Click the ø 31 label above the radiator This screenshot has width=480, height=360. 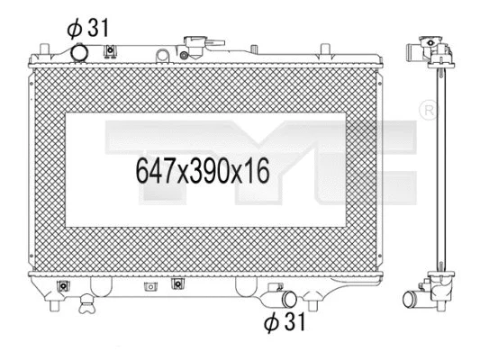(87, 27)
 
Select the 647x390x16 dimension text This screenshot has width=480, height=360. (203, 168)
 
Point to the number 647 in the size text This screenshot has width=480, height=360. (154, 168)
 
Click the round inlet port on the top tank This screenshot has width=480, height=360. (80, 53)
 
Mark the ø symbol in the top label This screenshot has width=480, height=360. (74, 27)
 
